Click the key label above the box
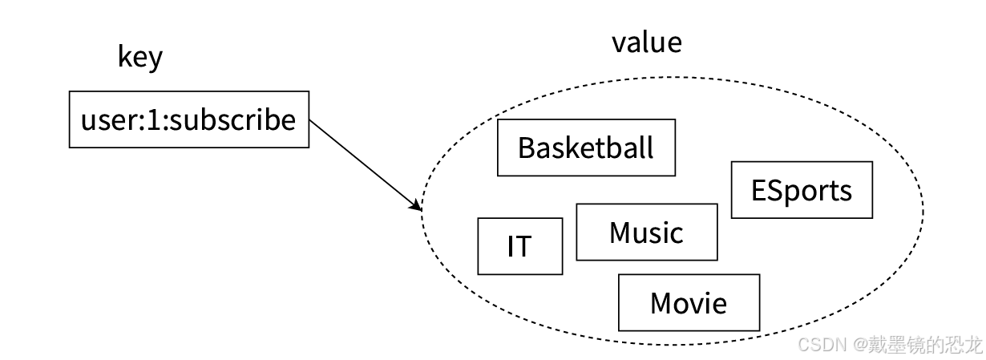pos(140,58)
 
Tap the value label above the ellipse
pos(646,42)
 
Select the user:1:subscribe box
pos(189,120)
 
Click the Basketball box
pos(586,148)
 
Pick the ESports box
pos(801,190)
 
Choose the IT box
pos(519,246)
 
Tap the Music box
pos(646,233)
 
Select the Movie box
pos(689,303)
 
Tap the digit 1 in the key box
pos(154,120)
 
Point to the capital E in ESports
pos(759,191)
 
